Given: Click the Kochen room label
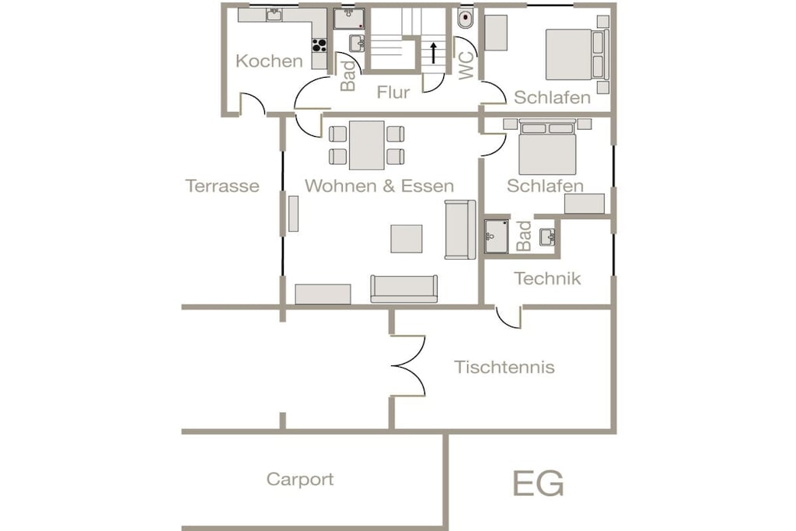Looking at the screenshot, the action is click(x=269, y=61).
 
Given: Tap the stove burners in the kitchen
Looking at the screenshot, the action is click(x=319, y=46).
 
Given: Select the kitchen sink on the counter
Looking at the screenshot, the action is click(x=274, y=15).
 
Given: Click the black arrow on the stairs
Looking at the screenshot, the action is click(x=434, y=53).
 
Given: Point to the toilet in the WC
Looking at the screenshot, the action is click(x=465, y=19).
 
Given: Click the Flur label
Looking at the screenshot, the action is click(x=393, y=93).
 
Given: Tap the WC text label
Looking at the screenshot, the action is click(x=466, y=65).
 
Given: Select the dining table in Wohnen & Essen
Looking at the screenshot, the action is click(x=367, y=145).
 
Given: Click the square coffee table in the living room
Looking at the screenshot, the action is click(x=406, y=239).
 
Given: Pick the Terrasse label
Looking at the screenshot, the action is click(x=222, y=186).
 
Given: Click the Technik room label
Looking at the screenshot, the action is click(x=547, y=278).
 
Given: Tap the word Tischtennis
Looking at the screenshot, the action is click(x=504, y=367).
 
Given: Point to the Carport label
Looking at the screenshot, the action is click(x=300, y=479).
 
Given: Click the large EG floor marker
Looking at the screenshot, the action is click(x=538, y=484).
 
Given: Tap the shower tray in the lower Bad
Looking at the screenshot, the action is click(x=496, y=236).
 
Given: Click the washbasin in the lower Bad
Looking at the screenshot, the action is click(x=547, y=237).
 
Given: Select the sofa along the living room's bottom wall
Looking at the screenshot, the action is click(x=403, y=289).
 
